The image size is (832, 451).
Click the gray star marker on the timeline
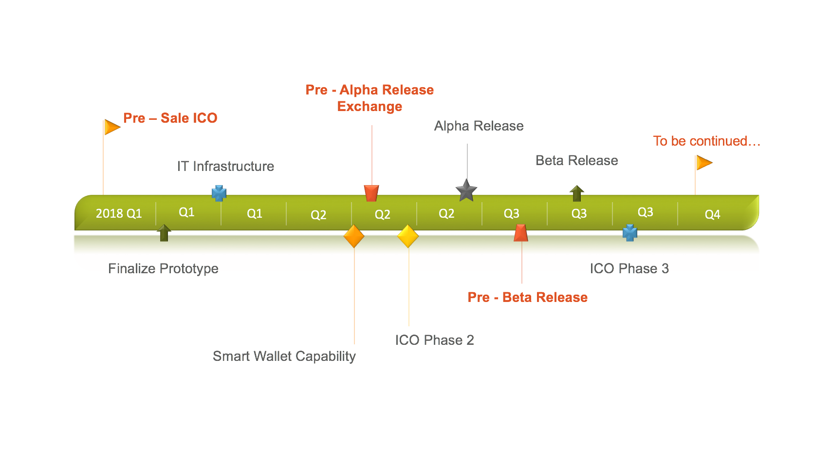pos(466,190)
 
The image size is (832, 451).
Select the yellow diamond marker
pos(408,236)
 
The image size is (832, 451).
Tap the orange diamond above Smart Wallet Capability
pos(353,236)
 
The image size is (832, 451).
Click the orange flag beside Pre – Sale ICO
pos(112,127)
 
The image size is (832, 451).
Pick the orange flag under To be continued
pos(704,163)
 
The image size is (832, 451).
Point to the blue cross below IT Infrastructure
pos(219,193)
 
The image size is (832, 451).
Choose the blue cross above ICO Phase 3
pos(630,233)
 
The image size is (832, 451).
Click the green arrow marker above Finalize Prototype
pos(164,233)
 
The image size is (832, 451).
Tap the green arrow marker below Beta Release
pos(577,193)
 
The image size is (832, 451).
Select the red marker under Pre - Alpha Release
pos(371,193)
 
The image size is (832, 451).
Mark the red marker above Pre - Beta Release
pos(521,233)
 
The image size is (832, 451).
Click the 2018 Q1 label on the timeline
pos(119,214)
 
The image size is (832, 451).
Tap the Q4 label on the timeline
pos(712,214)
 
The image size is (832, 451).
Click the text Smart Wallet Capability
pos(284,356)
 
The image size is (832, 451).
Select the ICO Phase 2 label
pos(435,340)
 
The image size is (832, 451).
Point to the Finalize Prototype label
pos(163,268)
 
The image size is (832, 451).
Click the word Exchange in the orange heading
pos(370,107)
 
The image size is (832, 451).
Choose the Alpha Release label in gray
pos(479,126)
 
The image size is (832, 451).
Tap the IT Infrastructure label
pos(225,166)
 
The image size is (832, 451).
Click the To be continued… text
pos(707,141)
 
